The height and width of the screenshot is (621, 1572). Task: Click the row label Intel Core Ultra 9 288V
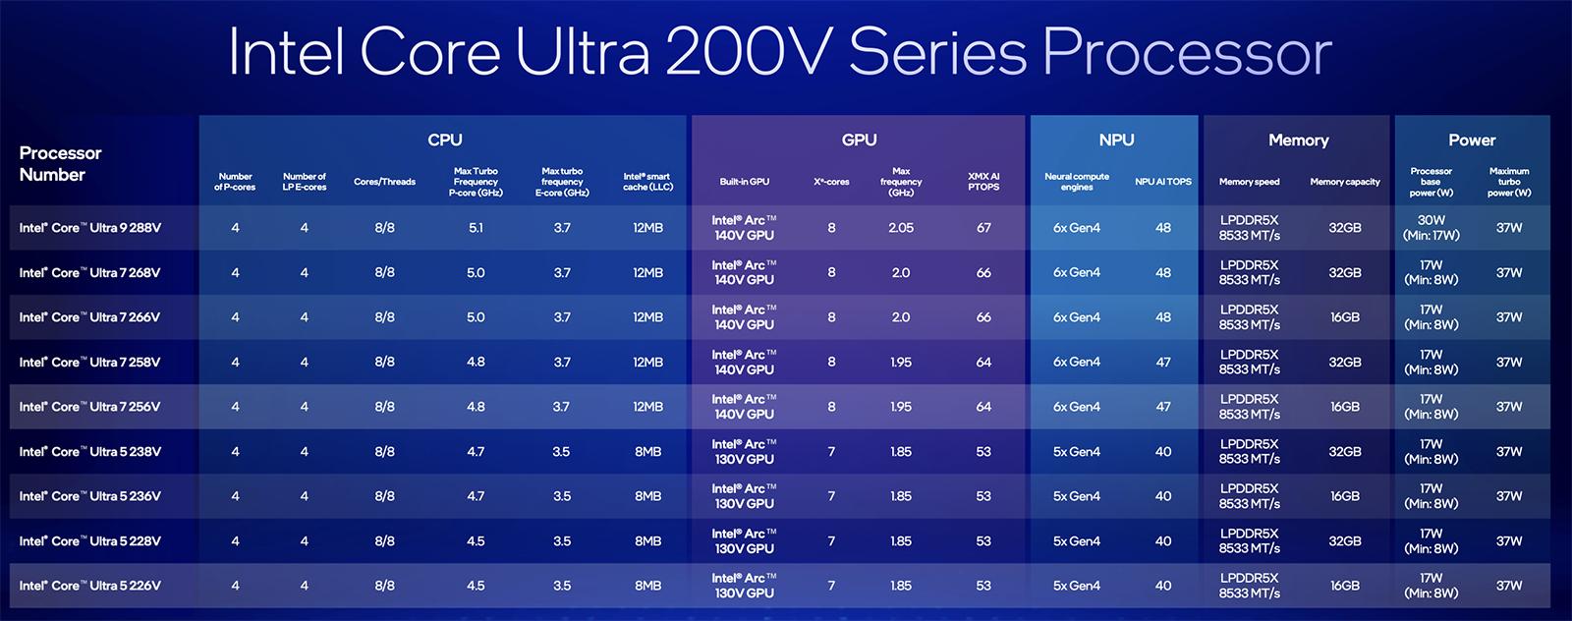pyautogui.click(x=90, y=228)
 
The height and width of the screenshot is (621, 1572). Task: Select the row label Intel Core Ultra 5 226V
pyautogui.click(x=90, y=586)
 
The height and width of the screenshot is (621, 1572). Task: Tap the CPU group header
pyautogui.click(x=444, y=141)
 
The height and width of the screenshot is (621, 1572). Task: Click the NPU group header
pyautogui.click(x=1116, y=141)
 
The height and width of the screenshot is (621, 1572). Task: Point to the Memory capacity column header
pyautogui.click(x=1344, y=182)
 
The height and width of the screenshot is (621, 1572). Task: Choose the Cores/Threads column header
pyautogui.click(x=384, y=182)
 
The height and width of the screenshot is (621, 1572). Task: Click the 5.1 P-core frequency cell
pyautogui.click(x=476, y=228)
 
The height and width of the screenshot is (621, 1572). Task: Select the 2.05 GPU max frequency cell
pyautogui.click(x=901, y=228)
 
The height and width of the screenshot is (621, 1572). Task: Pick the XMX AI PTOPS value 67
pyautogui.click(x=983, y=228)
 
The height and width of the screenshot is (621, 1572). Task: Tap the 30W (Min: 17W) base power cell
pyautogui.click(x=1431, y=228)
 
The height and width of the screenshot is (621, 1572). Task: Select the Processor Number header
pyautogui.click(x=60, y=164)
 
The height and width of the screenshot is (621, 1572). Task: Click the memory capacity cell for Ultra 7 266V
pyautogui.click(x=1344, y=317)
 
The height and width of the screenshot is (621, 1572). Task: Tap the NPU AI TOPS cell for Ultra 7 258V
pyautogui.click(x=1163, y=363)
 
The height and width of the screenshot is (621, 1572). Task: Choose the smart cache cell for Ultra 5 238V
pyautogui.click(x=647, y=452)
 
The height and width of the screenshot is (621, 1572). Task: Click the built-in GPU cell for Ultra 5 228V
pyautogui.click(x=744, y=541)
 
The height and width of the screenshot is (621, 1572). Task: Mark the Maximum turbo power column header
pyautogui.click(x=1508, y=182)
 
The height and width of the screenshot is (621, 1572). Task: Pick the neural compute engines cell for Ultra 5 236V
pyautogui.click(x=1077, y=496)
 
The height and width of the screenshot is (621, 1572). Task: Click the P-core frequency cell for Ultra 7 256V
pyautogui.click(x=476, y=407)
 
